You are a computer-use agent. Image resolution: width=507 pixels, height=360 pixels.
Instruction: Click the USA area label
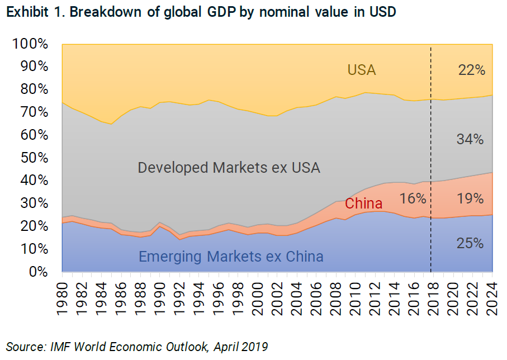coord(362,70)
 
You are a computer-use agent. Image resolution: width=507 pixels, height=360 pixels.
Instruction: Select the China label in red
coord(363,203)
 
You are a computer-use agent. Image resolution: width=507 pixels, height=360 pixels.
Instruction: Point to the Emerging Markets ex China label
coord(231,257)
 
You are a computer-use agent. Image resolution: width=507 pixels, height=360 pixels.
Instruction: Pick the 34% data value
coord(470,139)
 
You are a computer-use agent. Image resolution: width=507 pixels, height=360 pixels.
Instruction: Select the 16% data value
coord(413,198)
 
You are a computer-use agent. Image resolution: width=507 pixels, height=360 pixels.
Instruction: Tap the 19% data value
coord(470,198)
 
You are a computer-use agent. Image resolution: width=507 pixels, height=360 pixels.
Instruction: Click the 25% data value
coord(470,243)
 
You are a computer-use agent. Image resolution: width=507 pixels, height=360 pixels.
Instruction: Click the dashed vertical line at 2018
coord(430,140)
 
